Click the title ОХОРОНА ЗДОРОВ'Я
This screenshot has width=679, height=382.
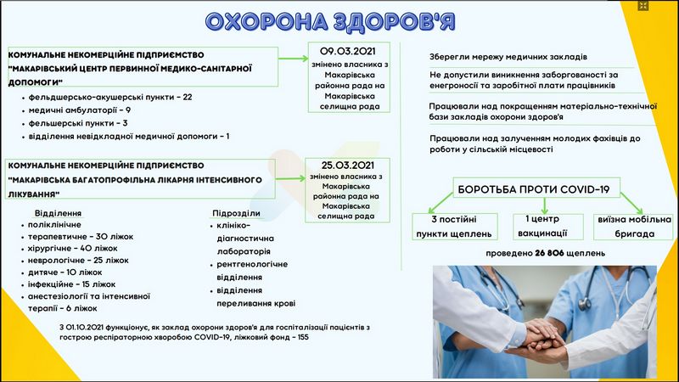pos(330,22)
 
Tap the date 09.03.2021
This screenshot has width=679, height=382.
pos(348,51)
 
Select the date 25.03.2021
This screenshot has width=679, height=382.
pos(347,166)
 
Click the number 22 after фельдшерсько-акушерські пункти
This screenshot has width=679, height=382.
pos(187,97)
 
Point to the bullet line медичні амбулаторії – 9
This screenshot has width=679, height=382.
pos(79,110)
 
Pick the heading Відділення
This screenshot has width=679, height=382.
pos(58,213)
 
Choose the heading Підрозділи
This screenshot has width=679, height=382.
pos(236,213)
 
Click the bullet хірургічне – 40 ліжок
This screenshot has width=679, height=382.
pos(73,249)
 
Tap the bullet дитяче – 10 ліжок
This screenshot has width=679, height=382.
pos(65,272)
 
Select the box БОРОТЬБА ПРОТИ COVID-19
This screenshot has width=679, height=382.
pos(536,188)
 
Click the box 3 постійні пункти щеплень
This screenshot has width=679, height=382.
pos(455,227)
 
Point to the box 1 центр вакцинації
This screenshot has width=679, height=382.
pos(547,226)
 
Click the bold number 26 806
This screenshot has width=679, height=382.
pos(549,253)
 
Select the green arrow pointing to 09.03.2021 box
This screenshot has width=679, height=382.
pos(293,59)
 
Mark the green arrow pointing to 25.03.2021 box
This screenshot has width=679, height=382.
pos(290,178)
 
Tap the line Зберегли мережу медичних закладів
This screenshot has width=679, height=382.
pos(508,57)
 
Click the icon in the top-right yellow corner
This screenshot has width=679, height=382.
pos(643,6)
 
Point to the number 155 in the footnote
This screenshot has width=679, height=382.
pos(303,337)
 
